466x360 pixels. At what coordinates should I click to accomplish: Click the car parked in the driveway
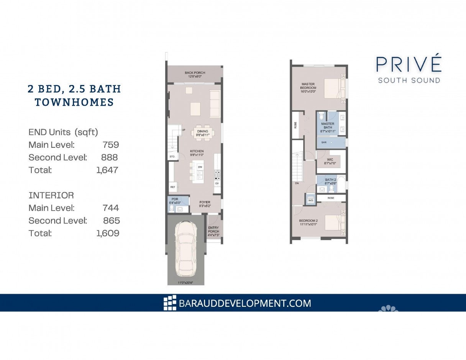(x=185, y=249)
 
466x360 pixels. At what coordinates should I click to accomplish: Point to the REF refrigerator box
(x=172, y=187)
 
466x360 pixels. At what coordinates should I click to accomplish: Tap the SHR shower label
(x=323, y=142)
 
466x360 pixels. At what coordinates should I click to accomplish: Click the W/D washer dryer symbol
(x=310, y=200)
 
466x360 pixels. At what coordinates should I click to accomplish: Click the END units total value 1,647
(x=108, y=170)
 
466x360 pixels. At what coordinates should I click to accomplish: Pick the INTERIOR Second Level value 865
(x=111, y=221)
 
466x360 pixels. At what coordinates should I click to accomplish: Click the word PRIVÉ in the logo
(x=409, y=64)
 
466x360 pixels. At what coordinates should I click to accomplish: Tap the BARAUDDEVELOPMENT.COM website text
(x=245, y=303)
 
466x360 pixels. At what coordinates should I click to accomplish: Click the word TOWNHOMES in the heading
(x=74, y=102)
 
